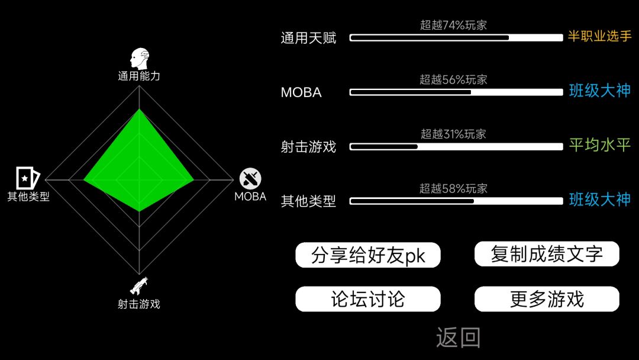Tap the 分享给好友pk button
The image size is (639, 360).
[367, 255]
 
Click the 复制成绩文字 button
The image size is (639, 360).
[547, 254]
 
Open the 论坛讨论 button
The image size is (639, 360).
[367, 299]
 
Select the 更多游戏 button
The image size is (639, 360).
[547, 299]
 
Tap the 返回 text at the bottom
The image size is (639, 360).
[459, 337]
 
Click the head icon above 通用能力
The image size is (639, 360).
[140, 59]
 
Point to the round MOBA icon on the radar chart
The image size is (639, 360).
[250, 179]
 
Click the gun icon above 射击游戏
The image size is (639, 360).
[139, 286]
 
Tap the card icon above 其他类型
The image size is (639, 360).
[28, 178]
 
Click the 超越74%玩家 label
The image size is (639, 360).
[454, 25]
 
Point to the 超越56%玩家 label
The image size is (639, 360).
[454, 79]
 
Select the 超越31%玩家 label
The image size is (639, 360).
[454, 134]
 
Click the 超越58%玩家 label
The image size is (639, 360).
[454, 188]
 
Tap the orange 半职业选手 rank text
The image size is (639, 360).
[599, 36]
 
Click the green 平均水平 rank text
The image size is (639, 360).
[600, 144]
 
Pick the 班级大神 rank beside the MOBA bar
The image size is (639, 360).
[600, 91]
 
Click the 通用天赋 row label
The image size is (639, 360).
[308, 38]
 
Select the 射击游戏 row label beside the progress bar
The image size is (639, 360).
[308, 147]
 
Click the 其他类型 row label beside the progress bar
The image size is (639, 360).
[308, 201]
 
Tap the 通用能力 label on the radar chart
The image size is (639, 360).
[139, 76]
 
